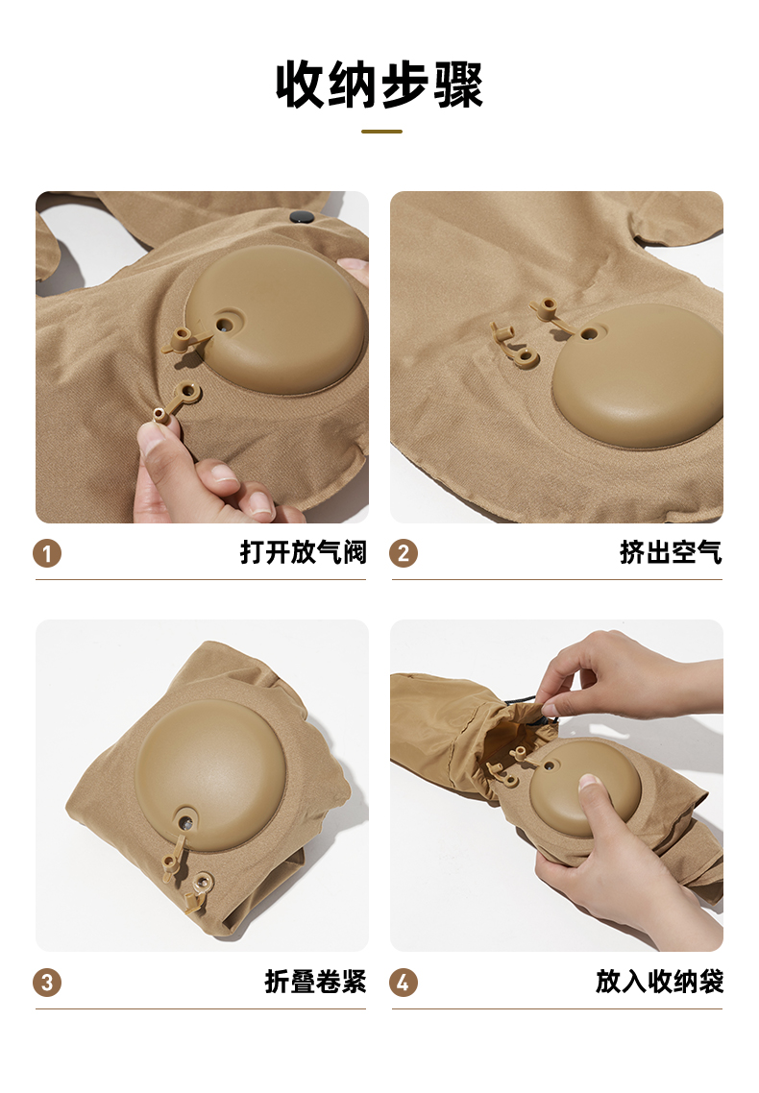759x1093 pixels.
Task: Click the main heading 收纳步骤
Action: (379, 85)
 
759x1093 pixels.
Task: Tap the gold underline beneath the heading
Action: (382, 131)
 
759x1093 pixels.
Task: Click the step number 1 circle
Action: (47, 553)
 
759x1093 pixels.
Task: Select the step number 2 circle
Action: (404, 553)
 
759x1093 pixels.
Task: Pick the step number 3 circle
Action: (47, 983)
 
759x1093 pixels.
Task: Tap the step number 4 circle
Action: (404, 983)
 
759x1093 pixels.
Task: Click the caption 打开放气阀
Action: (304, 552)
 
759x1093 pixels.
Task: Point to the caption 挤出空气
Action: (672, 552)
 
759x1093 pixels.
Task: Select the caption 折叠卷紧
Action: (316, 982)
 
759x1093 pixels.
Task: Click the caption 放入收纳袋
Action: (659, 982)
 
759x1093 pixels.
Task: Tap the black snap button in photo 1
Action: (301, 217)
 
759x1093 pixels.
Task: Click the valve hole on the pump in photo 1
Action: (225, 324)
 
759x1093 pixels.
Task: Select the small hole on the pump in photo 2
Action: (589, 334)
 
